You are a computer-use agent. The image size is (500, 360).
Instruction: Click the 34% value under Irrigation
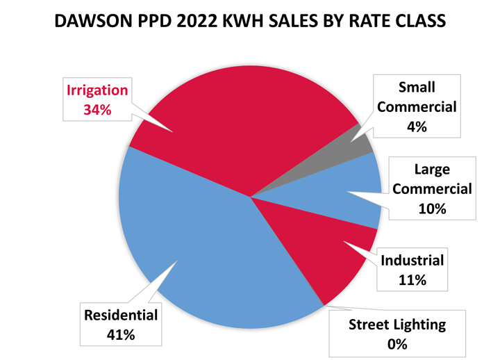coord(97,110)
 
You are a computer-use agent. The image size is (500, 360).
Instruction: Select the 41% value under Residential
coord(121,334)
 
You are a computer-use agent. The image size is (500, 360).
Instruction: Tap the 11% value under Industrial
coord(412,280)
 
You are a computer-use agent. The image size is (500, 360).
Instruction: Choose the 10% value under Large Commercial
coord(432,208)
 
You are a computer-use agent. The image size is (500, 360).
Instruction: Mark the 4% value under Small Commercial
coord(417,126)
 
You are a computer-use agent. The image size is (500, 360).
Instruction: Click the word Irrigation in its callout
coord(97,90)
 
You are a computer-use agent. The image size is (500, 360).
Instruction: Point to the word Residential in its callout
coord(121,316)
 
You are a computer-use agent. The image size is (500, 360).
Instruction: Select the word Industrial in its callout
coord(412,261)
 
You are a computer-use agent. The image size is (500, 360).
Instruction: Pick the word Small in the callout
coord(417,88)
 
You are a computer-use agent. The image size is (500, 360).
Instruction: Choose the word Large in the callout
coord(432,169)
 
